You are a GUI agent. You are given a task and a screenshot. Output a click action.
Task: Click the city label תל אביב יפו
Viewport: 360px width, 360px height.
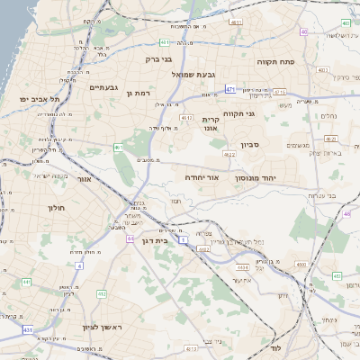pos(33,98)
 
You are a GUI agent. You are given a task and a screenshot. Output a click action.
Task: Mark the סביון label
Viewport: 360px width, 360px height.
pos(248,144)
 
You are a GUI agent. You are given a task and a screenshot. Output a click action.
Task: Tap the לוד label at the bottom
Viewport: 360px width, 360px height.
pos(277,346)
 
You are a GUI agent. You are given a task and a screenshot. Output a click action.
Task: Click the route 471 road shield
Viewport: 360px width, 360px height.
pos(231,89)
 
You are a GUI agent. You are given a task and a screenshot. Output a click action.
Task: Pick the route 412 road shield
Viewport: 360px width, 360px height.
pos(101,293)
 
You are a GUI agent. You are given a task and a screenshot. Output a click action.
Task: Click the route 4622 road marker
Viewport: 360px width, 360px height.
pos(230,154)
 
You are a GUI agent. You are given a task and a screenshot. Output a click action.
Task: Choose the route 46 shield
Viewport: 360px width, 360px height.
pos(346,214)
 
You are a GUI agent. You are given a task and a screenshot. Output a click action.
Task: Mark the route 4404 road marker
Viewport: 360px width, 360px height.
pos(241,267)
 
